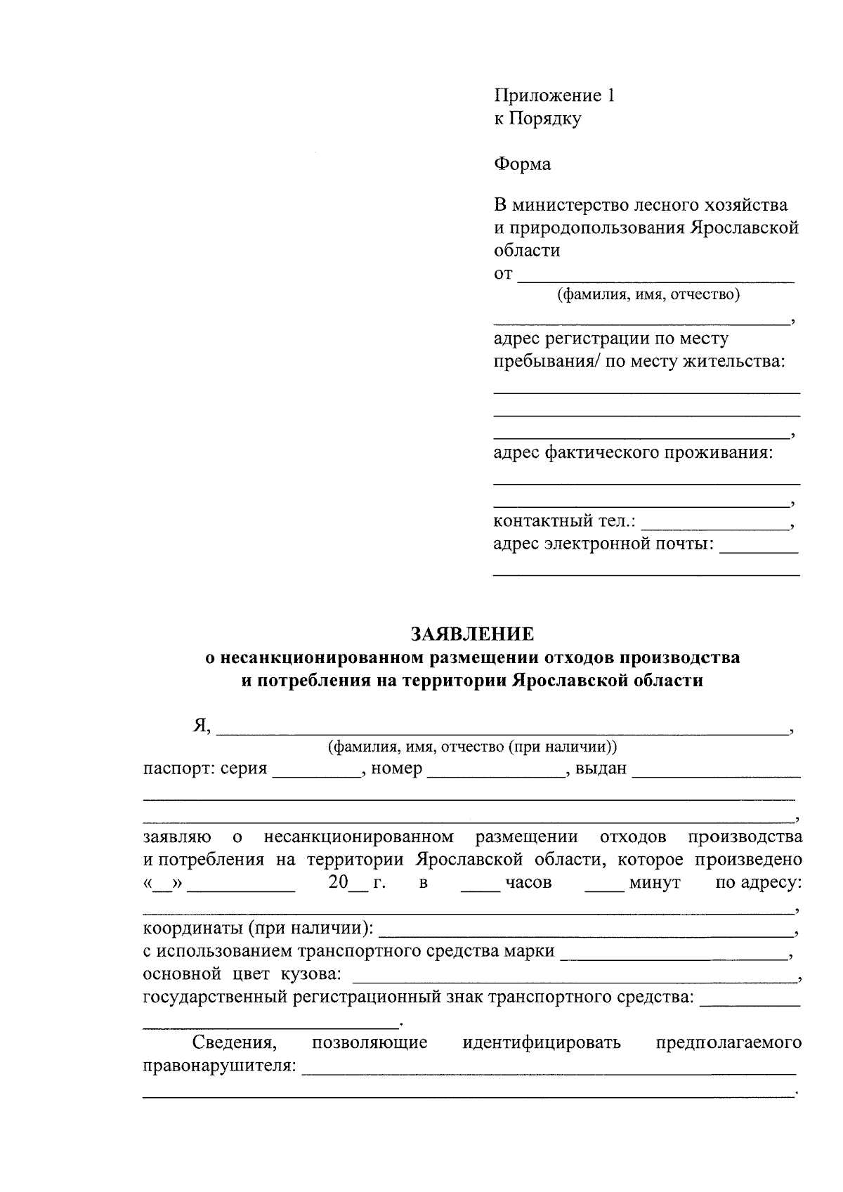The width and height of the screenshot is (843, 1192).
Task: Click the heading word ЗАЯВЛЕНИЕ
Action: coord(472,634)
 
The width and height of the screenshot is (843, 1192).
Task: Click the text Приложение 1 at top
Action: coord(554,96)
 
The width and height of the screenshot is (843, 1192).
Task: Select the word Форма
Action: coord(523,164)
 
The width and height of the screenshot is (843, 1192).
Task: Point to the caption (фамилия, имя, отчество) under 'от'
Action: coord(648,295)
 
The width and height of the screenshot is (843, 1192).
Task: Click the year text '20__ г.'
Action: coord(357,883)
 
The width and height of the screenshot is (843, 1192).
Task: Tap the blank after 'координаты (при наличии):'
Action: coord(585,933)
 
